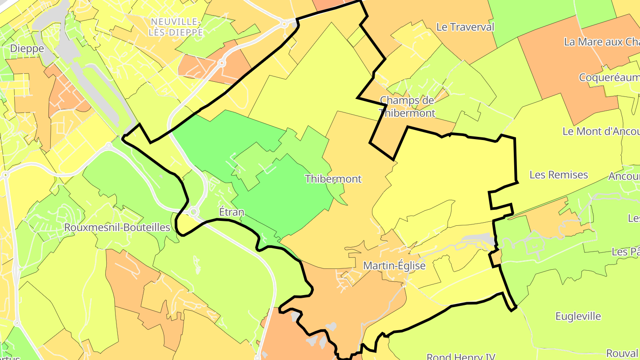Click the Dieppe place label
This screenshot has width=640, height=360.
pos(27,48)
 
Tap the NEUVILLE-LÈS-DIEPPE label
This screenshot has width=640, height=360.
pos(176,27)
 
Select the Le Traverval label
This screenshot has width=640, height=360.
pos(465,27)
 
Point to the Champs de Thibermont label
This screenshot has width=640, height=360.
pos(407,107)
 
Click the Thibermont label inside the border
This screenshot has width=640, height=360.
pos(333,179)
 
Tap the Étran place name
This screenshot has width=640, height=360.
pos(232,212)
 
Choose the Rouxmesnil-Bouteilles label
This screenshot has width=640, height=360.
pos(117,228)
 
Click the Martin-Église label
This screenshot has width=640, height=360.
pos(394,266)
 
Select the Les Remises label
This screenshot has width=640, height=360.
pos(558,175)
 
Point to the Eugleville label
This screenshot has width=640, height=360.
pos(578,316)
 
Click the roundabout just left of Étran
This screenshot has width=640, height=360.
pos(194,212)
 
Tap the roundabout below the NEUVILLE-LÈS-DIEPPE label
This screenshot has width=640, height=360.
pos(221,63)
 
